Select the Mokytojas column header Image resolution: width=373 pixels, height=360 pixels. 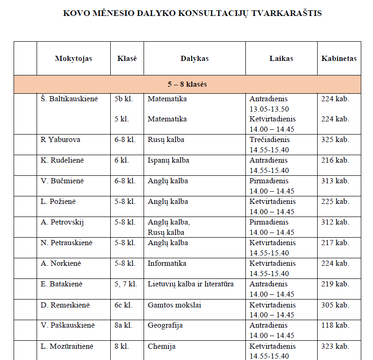(x=74, y=59)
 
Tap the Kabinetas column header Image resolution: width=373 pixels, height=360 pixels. (x=339, y=59)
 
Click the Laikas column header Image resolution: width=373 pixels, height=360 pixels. (x=281, y=59)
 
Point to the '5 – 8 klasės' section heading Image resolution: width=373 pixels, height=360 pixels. (x=187, y=85)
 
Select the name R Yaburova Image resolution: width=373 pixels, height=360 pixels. (x=61, y=140)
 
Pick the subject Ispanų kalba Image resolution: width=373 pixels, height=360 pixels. (x=168, y=160)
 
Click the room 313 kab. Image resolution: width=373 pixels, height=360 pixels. (x=335, y=181)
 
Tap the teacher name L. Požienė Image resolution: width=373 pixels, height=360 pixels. (x=58, y=202)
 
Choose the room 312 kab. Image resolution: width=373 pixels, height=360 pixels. (x=335, y=222)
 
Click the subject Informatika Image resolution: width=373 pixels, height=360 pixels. (x=167, y=263)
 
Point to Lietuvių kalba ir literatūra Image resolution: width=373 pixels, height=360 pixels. (x=190, y=284)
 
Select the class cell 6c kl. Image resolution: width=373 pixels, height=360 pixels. (x=123, y=305)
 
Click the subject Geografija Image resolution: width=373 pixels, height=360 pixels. (x=165, y=325)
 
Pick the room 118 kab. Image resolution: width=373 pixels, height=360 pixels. (x=335, y=325)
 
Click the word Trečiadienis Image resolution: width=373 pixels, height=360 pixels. (x=269, y=140)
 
